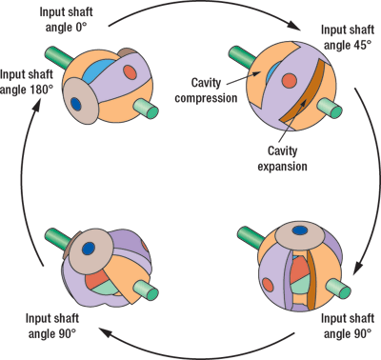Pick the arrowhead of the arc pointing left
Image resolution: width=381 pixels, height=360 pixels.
[106, 332]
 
